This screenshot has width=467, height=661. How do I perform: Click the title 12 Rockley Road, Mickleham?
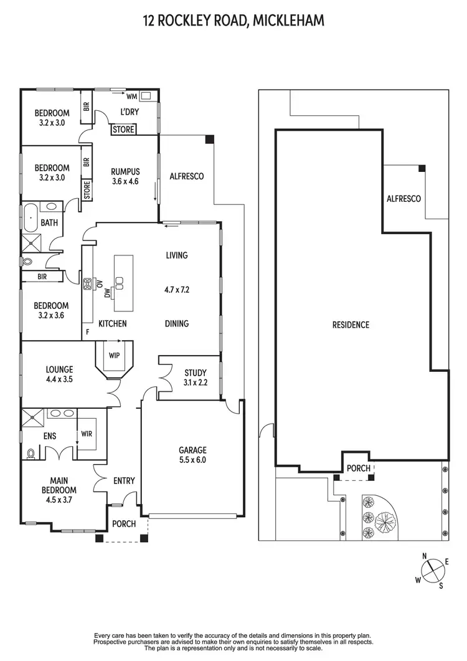pos(233,21)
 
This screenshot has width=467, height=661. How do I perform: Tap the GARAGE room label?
pos(192,450)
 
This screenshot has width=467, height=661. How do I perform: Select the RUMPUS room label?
pos(125,172)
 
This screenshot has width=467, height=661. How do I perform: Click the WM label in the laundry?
pos(131,97)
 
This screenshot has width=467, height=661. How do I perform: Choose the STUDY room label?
pos(195,373)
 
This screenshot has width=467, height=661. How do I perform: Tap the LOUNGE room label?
pos(59,369)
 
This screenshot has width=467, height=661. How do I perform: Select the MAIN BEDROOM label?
pos(59,485)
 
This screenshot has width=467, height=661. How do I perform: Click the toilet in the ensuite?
pos(32,454)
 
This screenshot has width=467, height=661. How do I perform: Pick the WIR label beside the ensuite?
pos(86,433)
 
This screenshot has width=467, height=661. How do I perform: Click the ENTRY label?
pos(124,480)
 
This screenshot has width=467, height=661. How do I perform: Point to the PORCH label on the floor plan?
pos(124,523)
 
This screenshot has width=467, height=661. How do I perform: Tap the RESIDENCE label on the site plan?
pos(351,325)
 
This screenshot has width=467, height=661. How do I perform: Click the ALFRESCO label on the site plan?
pos(403,199)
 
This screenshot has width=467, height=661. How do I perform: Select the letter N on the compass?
pos(424,556)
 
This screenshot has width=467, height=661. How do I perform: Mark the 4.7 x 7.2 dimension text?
pos(177,289)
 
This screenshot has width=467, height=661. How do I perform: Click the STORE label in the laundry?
pos(123,130)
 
